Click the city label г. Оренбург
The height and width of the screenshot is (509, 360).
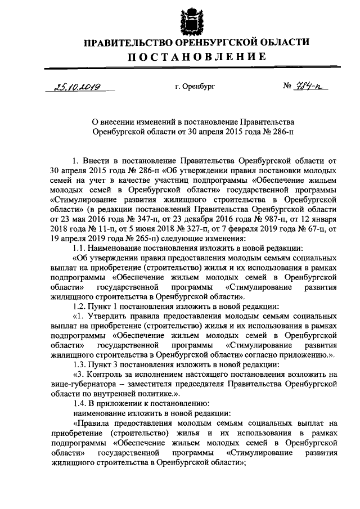tap(195, 87)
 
